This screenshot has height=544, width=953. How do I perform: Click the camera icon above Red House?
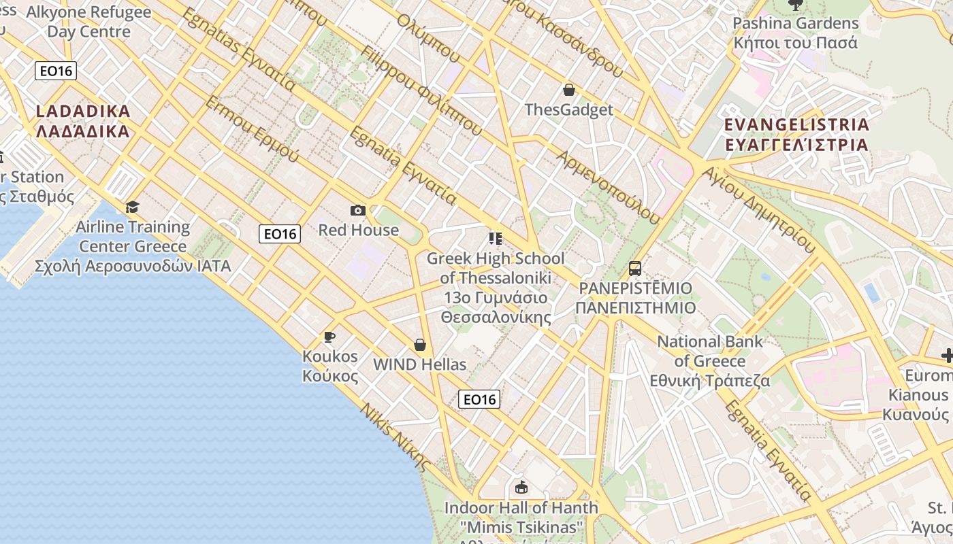[x=357, y=211]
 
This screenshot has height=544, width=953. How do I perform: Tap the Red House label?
[x=359, y=230]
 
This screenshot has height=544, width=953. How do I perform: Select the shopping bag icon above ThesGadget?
[x=569, y=90]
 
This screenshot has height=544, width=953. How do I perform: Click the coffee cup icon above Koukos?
[x=329, y=337]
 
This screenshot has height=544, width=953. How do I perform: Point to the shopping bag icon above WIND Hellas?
[x=420, y=345]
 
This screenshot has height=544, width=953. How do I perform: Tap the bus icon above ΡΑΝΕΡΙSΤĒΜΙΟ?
[x=635, y=269]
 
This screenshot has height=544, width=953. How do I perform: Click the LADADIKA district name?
[x=82, y=121]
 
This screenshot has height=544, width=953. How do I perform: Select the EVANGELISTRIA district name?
[x=796, y=135]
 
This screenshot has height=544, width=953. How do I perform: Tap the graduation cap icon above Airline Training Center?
[x=133, y=207]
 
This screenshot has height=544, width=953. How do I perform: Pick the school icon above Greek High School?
[x=495, y=238]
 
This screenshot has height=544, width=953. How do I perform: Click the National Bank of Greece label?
[x=710, y=360]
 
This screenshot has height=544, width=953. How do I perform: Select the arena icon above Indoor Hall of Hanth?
[x=521, y=487]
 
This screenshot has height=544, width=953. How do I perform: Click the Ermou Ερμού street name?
[x=252, y=129]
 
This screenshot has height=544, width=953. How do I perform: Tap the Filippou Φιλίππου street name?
[x=422, y=90]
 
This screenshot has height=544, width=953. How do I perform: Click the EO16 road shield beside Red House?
[x=280, y=234]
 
